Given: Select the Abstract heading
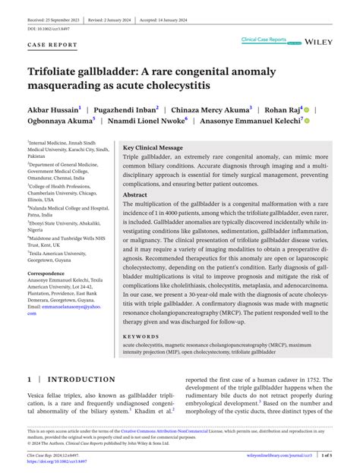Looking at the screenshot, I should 135,194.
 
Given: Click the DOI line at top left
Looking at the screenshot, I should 52,27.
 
